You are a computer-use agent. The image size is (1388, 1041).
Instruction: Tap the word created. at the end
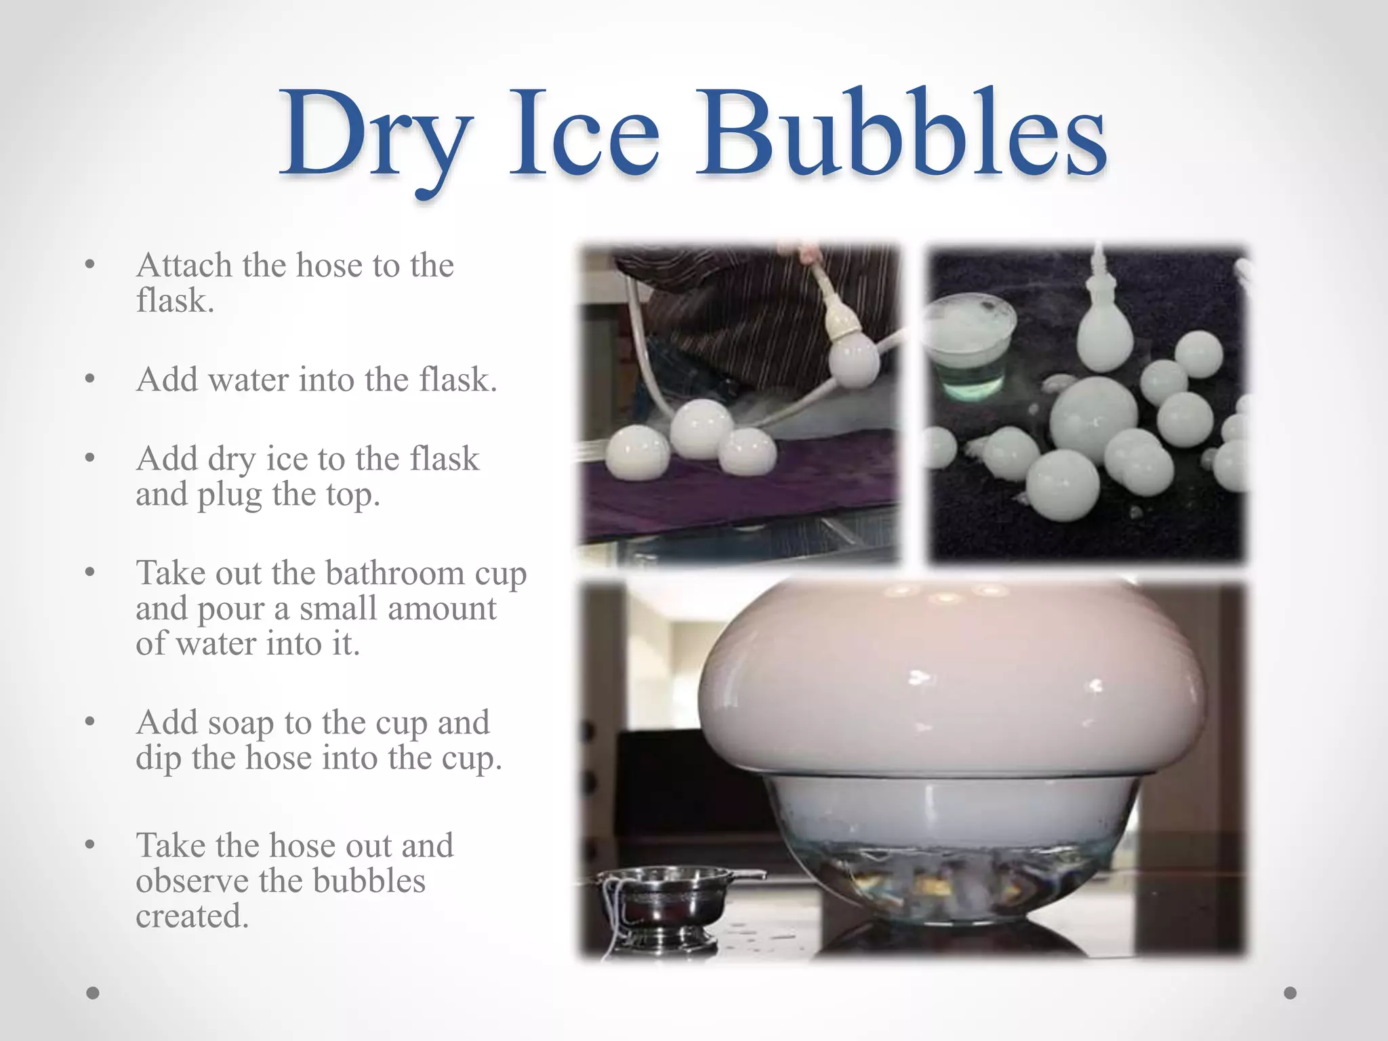192,916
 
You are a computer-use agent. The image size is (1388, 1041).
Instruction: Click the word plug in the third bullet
229,495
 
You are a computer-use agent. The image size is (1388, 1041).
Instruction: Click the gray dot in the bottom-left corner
93,993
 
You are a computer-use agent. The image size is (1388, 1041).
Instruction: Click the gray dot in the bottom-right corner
1290,993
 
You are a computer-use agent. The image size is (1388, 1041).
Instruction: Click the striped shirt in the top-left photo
732,305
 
